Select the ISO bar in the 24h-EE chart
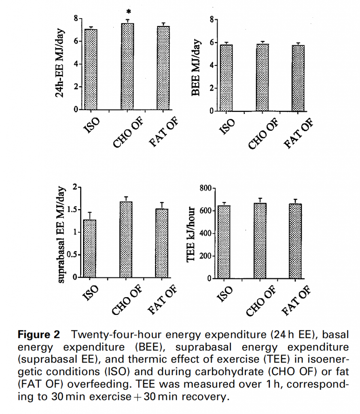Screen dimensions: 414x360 pos(91,69)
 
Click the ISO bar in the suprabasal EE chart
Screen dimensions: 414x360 pos(89,249)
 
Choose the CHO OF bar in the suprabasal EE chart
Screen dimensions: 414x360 pos(126,239)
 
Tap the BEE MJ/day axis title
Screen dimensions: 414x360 pos(197,67)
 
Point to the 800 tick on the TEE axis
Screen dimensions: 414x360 pos(205,188)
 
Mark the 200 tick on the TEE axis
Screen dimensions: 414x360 pos(205,256)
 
